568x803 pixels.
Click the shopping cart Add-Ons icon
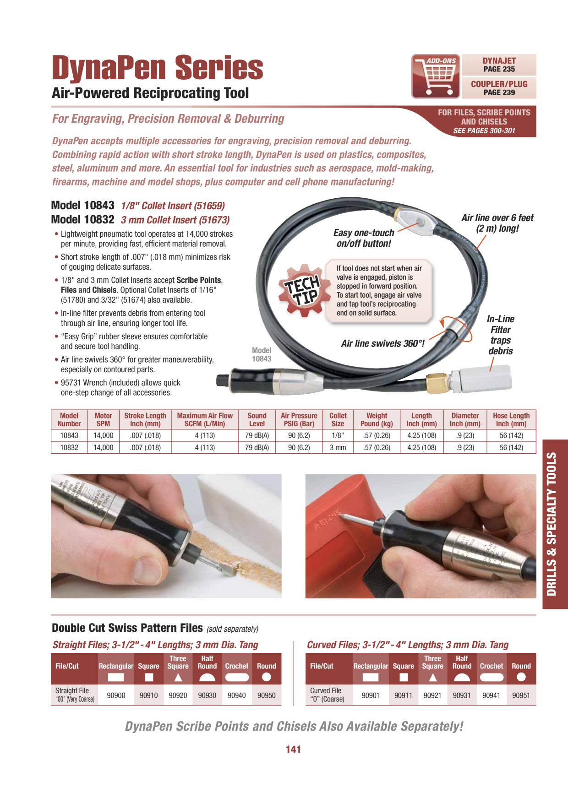point(436,76)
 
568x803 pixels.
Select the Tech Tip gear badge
point(302,290)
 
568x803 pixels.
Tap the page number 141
point(293,749)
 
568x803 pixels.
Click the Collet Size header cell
point(338,419)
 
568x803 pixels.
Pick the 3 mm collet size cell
point(338,447)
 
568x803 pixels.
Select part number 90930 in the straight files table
point(207,695)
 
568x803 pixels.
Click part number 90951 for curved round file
point(521,695)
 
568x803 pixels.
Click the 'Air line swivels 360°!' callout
point(383,343)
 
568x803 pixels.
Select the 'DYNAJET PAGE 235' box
point(499,65)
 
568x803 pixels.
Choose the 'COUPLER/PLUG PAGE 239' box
point(499,88)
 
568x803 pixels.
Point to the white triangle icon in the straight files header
point(178,677)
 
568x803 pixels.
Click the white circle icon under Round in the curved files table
point(521,677)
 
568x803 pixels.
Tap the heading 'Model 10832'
point(83,220)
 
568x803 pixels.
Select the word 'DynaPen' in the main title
point(109,67)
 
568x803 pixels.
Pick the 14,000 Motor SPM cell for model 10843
point(103,435)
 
